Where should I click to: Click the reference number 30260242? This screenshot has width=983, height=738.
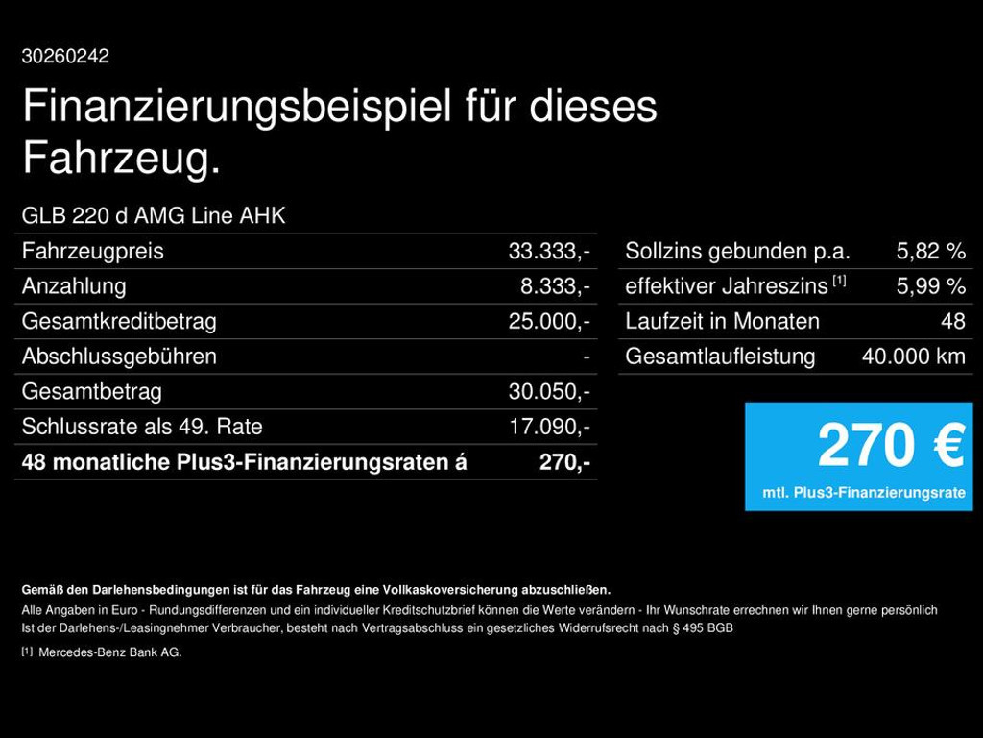tap(65, 57)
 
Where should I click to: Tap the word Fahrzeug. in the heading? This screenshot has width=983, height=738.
tap(122, 159)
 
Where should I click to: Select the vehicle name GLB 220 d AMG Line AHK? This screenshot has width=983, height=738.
tap(154, 215)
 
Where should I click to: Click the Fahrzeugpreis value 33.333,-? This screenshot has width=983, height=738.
tap(549, 252)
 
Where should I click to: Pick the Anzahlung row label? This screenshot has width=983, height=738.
tap(74, 286)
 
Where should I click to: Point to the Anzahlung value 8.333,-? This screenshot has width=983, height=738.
tap(555, 286)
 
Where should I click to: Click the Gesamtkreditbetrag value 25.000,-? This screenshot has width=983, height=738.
tap(549, 322)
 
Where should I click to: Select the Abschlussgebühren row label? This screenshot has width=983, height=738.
tap(119, 357)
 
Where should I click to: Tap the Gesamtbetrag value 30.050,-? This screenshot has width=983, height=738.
tap(549, 392)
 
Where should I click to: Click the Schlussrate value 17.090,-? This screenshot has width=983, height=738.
tap(549, 427)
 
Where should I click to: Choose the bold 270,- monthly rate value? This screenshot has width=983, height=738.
tap(564, 462)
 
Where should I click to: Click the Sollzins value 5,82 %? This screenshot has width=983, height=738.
tap(930, 252)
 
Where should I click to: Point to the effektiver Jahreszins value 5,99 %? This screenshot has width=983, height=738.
tap(930, 286)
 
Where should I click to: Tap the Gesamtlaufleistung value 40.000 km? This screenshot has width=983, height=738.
tap(913, 357)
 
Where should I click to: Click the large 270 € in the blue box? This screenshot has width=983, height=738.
tap(891, 447)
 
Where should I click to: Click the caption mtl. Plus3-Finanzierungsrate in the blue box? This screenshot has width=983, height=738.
tap(864, 493)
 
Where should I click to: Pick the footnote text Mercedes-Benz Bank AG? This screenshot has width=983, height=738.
tap(109, 652)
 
